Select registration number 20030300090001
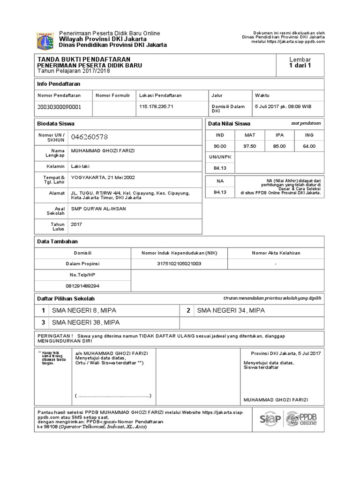click(x=59, y=107)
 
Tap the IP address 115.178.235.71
click(x=157, y=106)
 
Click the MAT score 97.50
click(x=249, y=146)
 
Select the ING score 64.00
click(x=309, y=146)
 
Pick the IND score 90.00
click(x=220, y=146)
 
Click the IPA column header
click(x=279, y=135)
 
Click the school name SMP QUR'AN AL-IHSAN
click(x=98, y=209)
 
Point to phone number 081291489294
click(x=82, y=285)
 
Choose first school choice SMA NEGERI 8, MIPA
click(x=84, y=310)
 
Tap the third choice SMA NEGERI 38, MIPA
click(x=86, y=322)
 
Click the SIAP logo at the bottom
click(x=270, y=419)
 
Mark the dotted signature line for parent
click(x=112, y=396)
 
